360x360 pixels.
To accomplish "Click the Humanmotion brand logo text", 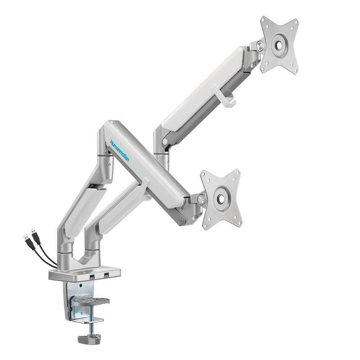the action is click(x=120, y=151).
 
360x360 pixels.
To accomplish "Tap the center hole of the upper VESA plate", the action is click(x=279, y=45).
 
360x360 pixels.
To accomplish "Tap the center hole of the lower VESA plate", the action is click(x=221, y=199).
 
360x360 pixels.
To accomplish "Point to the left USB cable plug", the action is click(x=26, y=239).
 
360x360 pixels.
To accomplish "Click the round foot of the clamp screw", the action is click(x=89, y=340).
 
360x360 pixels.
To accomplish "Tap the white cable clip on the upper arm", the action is click(x=223, y=95).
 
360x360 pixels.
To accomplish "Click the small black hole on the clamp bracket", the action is click(x=81, y=285).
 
